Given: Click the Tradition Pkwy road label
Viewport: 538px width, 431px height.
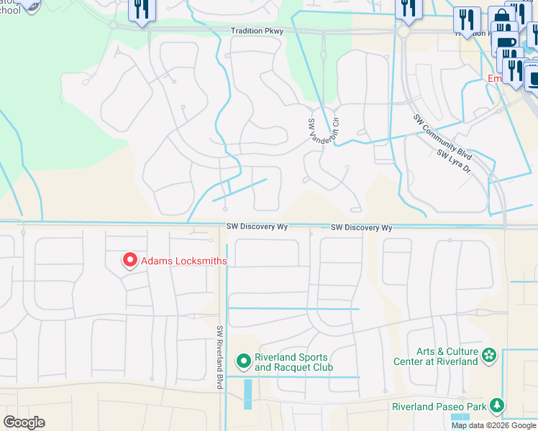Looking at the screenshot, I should (x=257, y=32).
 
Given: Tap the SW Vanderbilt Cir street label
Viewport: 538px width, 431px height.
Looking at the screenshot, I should (x=322, y=128).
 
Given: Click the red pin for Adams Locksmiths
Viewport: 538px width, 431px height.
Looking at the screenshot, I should (x=130, y=260).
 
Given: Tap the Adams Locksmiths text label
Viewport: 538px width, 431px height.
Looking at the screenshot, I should (x=183, y=261).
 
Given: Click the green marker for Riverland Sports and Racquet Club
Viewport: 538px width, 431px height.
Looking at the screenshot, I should (x=244, y=361).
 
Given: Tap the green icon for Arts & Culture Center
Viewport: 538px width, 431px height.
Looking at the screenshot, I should (x=489, y=356).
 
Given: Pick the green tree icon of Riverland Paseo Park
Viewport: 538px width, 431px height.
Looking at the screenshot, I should (x=496, y=407).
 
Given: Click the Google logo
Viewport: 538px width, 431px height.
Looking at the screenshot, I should (x=24, y=422).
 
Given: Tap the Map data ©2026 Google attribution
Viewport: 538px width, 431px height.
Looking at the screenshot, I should (x=493, y=425).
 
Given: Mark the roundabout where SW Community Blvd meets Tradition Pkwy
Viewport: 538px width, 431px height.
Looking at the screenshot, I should (x=403, y=32).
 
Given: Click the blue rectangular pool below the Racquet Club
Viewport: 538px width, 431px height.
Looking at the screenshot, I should (x=248, y=394).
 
